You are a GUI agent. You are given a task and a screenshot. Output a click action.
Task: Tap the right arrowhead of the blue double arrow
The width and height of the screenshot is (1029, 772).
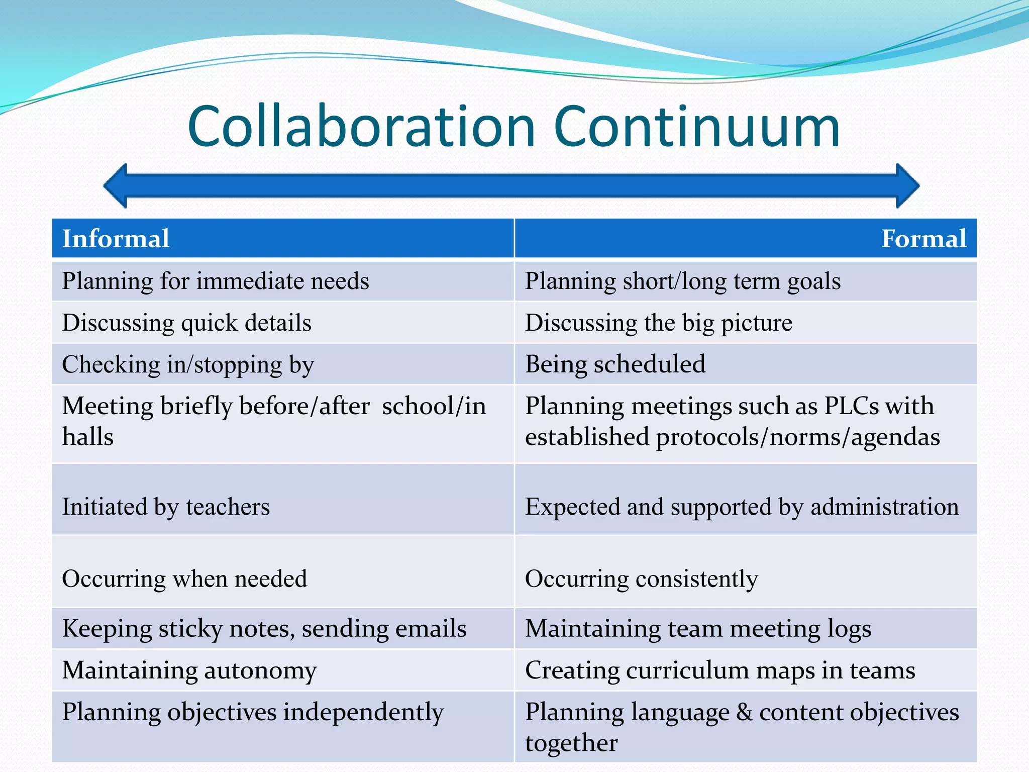point(907,186)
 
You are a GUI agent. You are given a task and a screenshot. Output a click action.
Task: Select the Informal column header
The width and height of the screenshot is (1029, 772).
point(116,239)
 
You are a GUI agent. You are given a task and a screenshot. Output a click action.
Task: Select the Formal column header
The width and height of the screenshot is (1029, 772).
point(923,239)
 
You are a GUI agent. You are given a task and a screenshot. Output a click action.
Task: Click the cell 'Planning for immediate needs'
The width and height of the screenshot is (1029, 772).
point(216,281)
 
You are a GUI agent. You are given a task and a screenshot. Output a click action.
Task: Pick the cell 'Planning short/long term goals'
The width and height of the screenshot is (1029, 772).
point(682,281)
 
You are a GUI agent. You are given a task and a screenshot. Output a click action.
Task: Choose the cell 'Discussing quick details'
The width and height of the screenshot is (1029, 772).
point(186,323)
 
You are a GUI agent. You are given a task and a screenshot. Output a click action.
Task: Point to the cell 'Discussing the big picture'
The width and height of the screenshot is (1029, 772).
point(658,323)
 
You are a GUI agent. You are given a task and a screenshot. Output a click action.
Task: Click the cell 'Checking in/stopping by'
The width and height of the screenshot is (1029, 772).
point(188,364)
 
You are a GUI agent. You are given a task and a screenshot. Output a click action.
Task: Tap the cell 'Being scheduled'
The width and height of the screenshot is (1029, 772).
point(615,364)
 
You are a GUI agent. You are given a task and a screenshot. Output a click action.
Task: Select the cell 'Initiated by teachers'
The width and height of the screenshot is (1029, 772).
point(166,507)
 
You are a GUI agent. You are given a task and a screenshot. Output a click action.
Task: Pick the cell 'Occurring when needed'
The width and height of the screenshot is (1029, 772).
point(184,578)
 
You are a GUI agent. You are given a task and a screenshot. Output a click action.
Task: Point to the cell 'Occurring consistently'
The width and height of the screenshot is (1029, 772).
point(641,578)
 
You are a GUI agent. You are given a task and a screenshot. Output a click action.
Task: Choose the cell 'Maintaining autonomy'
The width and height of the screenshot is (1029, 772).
point(189,670)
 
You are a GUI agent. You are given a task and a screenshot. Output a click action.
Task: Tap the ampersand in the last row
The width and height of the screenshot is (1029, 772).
point(744,712)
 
